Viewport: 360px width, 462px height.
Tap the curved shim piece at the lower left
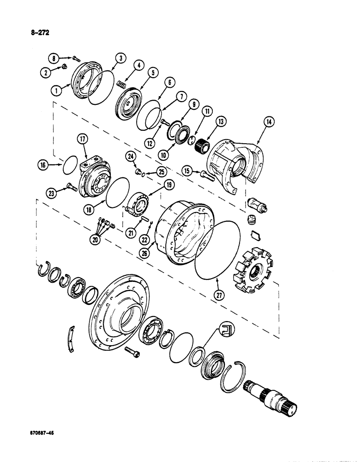coord(70,338)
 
